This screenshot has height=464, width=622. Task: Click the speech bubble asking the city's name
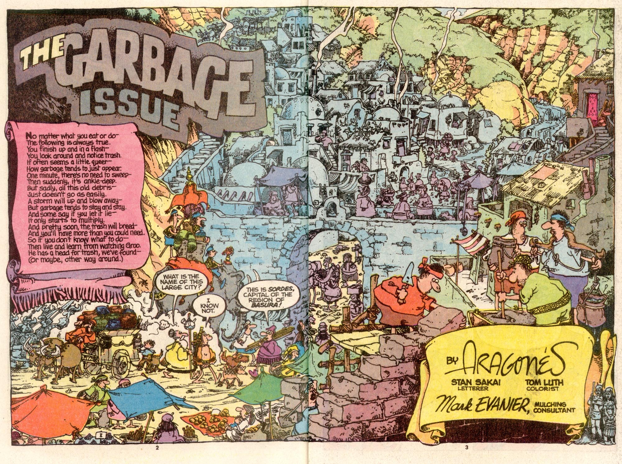(x=181, y=282)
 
